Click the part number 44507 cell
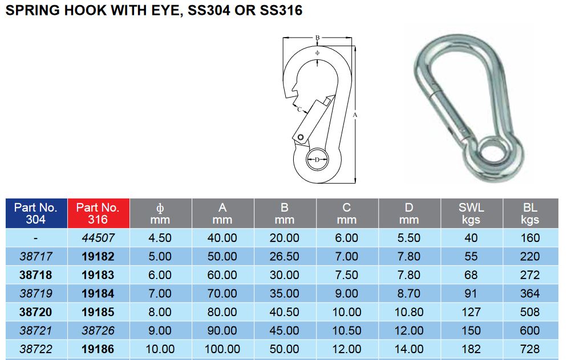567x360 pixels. tap(98, 238)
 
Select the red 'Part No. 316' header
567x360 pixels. tap(98, 213)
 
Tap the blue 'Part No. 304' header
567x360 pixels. tap(36, 213)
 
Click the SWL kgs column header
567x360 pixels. tap(471, 213)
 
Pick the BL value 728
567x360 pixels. tap(530, 349)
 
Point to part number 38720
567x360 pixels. tap(36, 312)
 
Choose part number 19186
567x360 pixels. tap(98, 349)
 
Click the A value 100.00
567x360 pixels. tap(222, 349)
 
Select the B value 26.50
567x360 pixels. tap(284, 257)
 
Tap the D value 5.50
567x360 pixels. tap(409, 238)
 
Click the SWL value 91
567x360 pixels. tap(471, 294)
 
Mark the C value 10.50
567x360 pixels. tap(346, 331)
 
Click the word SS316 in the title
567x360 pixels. tap(278, 10)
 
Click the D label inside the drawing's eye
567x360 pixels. tap(317, 160)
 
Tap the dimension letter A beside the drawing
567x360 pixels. tap(355, 115)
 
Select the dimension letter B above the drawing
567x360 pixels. tap(317, 38)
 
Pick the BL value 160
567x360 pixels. tap(530, 238)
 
